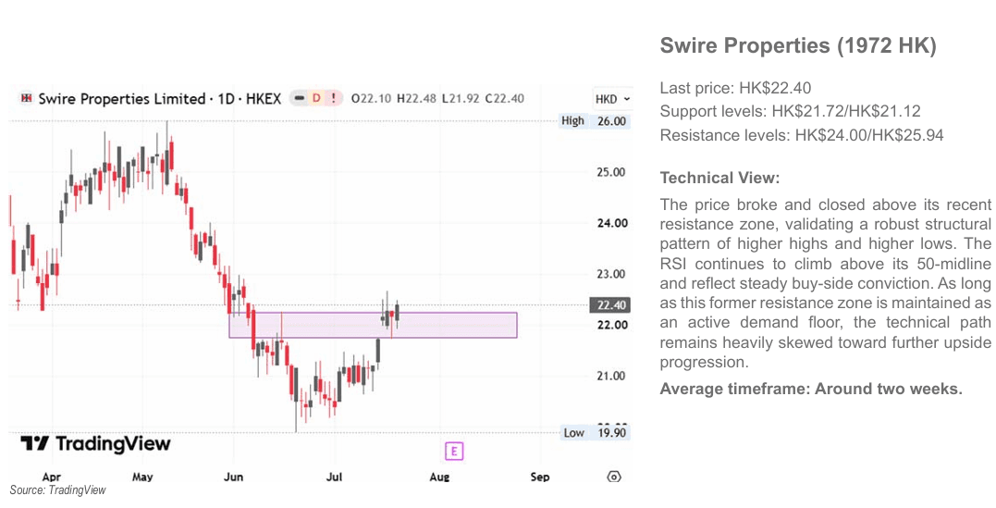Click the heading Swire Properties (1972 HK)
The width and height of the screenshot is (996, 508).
point(798,46)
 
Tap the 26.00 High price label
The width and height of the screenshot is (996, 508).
point(610,121)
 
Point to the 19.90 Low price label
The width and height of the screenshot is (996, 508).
point(610,433)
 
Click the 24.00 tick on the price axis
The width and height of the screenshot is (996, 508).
point(611,223)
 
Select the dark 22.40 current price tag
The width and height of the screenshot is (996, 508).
point(610,305)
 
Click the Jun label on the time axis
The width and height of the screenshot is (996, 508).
point(234,477)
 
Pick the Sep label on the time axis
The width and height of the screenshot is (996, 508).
point(540,477)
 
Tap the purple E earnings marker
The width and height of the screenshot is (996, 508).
point(453,452)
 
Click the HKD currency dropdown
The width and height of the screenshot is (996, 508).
point(611,99)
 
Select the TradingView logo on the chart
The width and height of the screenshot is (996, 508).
point(95,443)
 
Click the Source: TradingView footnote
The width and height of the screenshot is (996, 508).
point(58,490)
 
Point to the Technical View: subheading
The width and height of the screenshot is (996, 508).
point(719,178)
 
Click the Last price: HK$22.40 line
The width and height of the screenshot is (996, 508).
point(735,88)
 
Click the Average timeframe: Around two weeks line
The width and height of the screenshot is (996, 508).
point(811,390)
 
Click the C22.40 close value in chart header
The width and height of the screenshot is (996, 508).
point(504,99)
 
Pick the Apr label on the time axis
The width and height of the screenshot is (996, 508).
point(51,477)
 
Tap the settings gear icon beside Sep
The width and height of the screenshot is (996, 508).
point(614,477)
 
